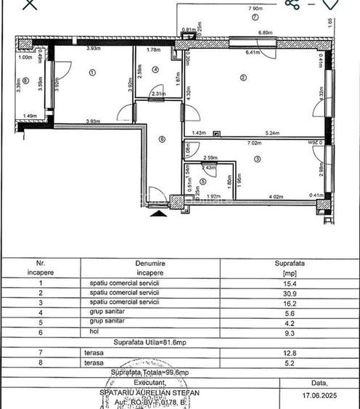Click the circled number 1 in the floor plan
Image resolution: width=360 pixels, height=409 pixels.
pos(92,72)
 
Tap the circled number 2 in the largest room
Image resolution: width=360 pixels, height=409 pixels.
pos(243,78)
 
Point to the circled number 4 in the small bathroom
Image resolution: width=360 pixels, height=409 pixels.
pos(156,70)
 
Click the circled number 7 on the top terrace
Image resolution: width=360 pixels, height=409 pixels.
pos(255,16)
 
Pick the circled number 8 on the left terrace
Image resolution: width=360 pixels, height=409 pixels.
pos(25,81)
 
